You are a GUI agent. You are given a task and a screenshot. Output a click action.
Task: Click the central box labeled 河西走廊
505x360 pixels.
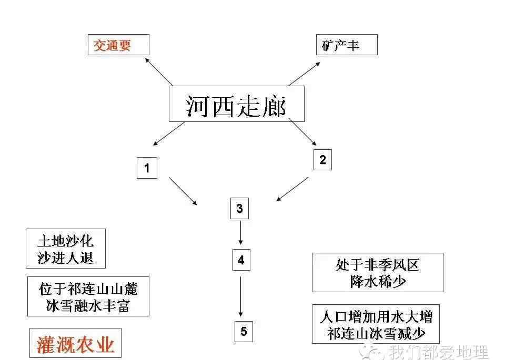tap(236, 104)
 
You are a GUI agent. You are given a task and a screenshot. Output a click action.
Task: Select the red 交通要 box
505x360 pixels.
tap(118, 45)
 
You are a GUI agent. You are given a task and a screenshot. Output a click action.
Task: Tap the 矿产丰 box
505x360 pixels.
tap(347, 45)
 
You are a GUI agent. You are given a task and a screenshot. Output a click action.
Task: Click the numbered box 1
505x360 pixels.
tap(147, 168)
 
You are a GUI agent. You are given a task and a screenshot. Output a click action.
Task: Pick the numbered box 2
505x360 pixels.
tap(322, 160)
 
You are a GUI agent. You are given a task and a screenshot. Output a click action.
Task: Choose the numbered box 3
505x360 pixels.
tap(240, 209)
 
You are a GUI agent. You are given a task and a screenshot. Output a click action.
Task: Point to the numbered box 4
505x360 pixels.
tap(241, 260)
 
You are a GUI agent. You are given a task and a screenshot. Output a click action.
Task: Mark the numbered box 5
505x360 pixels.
tap(244, 332)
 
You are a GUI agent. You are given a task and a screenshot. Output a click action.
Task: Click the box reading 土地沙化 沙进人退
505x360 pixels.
tap(66, 249)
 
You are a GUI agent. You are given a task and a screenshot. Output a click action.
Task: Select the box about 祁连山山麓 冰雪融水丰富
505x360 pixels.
tap(88, 296)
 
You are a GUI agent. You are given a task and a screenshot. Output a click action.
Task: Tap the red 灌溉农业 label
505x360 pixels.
tap(75, 343)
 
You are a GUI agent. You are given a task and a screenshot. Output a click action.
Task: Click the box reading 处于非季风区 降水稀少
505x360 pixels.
tap(378, 272)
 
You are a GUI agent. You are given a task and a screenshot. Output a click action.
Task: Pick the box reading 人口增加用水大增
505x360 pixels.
tap(376, 324)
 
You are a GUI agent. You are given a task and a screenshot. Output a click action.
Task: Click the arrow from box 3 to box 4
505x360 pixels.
tap(240, 232)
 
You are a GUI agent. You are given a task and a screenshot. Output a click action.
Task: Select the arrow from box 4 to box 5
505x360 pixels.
tap(240, 296)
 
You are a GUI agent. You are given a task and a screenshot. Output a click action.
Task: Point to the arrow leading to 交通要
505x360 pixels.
tap(159, 72)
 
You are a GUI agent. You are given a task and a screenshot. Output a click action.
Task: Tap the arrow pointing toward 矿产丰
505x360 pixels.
tap(305, 74)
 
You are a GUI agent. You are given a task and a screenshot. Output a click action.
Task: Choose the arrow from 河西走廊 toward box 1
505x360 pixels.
tap(169, 134)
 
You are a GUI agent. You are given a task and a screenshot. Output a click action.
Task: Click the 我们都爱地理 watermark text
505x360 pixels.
tap(438, 352)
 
